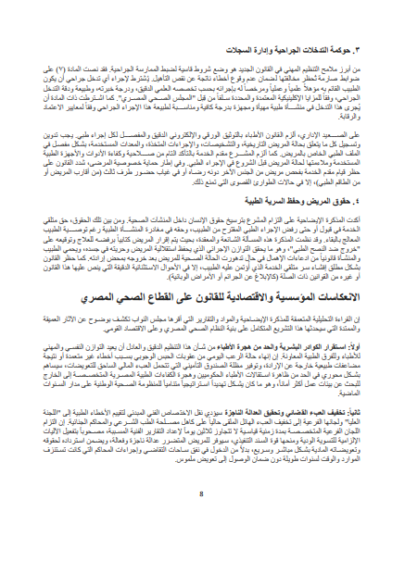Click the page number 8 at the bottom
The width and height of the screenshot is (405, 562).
click(x=202, y=546)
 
